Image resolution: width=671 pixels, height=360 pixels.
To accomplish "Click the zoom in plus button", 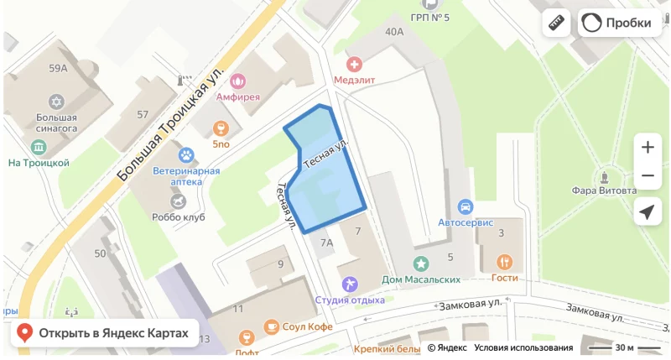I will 647,147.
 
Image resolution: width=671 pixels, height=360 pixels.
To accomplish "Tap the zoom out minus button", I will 647,176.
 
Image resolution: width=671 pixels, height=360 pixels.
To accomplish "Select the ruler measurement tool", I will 556,23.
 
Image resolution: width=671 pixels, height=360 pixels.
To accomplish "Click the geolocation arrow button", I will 647,212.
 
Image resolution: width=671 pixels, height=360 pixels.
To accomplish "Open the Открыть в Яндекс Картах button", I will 105,334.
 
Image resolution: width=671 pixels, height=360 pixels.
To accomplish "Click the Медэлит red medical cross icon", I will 354,64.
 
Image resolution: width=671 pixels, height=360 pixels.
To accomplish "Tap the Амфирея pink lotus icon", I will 238,81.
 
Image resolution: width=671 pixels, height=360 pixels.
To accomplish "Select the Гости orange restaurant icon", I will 504,261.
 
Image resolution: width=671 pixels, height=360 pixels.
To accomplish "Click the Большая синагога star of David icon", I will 56,102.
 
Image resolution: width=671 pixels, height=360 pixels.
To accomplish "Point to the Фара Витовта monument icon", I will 604,177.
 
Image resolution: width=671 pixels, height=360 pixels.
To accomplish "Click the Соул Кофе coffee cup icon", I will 271,326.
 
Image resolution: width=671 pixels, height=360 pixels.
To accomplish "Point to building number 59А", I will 58,69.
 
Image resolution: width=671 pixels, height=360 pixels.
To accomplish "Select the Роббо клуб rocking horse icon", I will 178,201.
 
